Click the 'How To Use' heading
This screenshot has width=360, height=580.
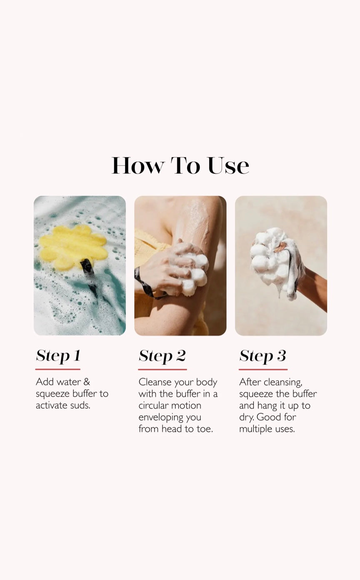pyautogui.click(x=180, y=166)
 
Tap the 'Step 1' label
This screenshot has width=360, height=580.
pyautogui.click(x=58, y=355)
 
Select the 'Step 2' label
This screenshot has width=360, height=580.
pyautogui.click(x=162, y=356)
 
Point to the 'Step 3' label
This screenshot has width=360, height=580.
pyautogui.click(x=262, y=356)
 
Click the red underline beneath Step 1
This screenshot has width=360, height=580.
pyautogui.click(x=58, y=369)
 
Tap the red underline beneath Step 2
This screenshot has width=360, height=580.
pyautogui.click(x=162, y=370)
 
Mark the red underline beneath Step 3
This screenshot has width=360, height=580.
pyautogui.click(x=263, y=370)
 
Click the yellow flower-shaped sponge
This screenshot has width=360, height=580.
pyautogui.click(x=73, y=247)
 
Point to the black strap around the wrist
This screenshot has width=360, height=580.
pyautogui.click(x=145, y=285)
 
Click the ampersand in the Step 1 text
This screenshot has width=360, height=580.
pyautogui.click(x=87, y=382)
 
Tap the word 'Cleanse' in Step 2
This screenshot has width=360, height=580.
pyautogui.click(x=155, y=382)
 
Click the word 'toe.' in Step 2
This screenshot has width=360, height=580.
pyautogui.click(x=205, y=429)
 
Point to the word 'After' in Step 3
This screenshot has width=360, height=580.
pyautogui.click(x=250, y=382)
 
